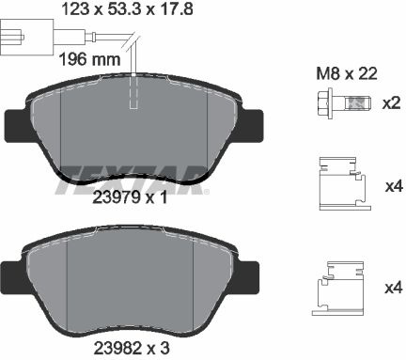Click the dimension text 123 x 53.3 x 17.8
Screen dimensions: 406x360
[128, 8]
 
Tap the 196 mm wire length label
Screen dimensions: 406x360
[89, 59]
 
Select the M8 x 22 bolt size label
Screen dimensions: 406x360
[347, 74]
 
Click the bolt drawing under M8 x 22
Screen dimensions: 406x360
[344, 103]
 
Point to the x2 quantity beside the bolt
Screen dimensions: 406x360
[391, 102]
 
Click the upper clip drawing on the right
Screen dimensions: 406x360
[345, 183]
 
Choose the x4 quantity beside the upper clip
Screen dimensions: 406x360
[393, 187]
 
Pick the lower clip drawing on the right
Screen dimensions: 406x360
[339, 289]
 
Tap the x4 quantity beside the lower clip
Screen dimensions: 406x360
[393, 288]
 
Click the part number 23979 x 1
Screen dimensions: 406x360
[130, 197]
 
